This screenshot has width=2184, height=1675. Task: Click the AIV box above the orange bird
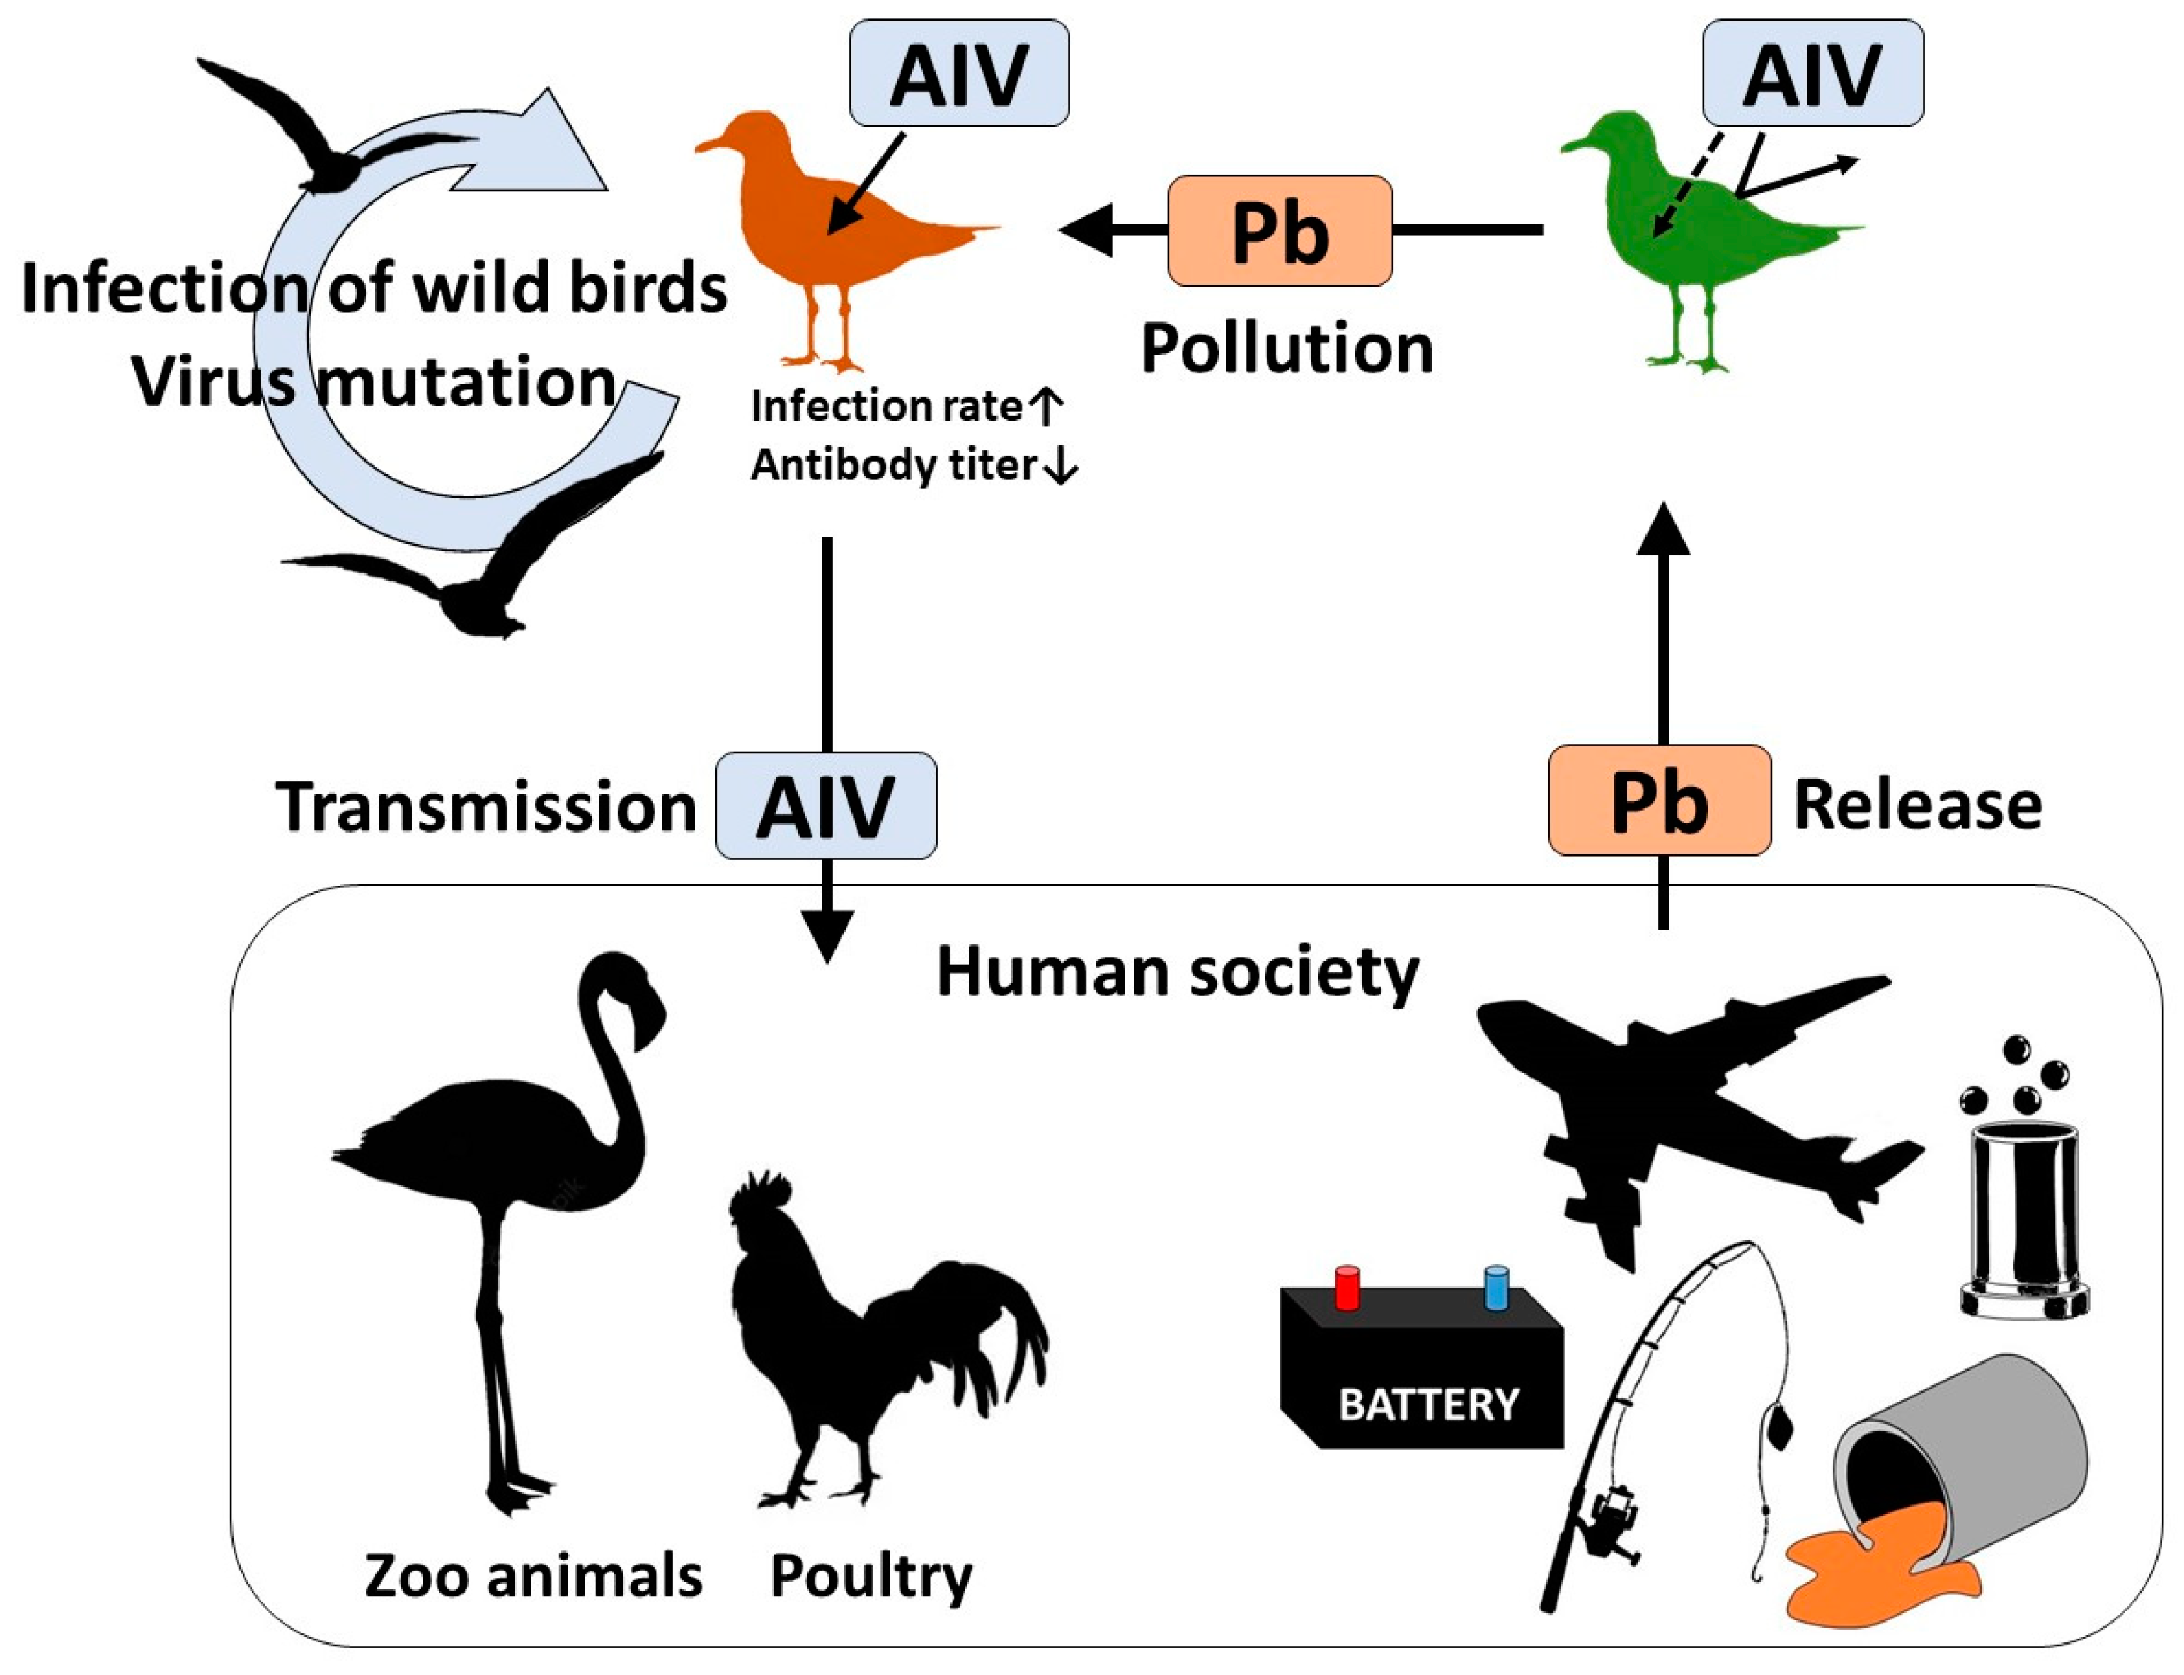click(958, 74)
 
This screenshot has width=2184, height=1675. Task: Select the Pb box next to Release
click(1659, 801)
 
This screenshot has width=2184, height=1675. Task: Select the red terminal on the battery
click(1347, 1287)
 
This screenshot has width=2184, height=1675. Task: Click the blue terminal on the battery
click(1496, 1287)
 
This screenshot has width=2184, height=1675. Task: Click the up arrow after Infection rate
click(1046, 406)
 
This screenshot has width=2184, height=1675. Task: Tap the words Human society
click(1176, 971)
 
